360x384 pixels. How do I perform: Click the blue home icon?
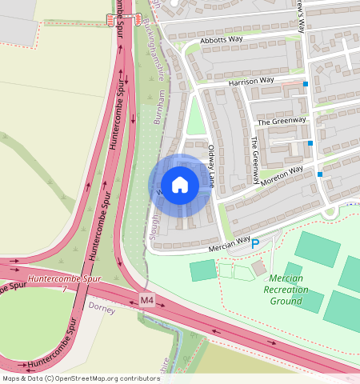[x=180, y=185]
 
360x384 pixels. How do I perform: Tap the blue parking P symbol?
[x=256, y=244]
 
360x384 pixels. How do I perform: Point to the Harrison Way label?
[x=251, y=81]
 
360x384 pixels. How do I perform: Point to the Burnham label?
[x=161, y=106]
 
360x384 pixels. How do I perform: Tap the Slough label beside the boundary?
[x=155, y=227]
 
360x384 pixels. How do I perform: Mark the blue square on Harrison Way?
[x=306, y=83]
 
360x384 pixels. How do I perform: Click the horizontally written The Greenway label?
[x=282, y=121]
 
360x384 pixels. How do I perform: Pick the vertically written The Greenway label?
[x=255, y=160]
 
